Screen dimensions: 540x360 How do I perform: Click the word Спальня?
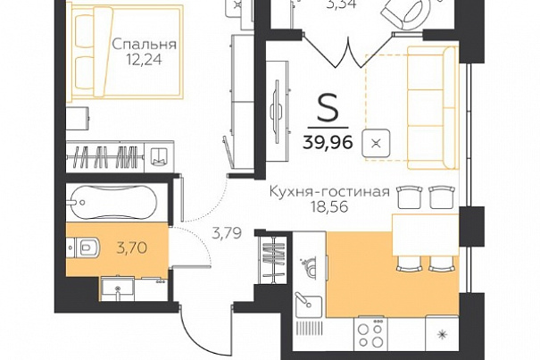(145, 45)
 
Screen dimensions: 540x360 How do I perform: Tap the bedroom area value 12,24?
(144, 60)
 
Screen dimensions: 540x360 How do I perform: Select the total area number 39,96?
(328, 142)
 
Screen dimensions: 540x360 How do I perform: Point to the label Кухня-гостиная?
(329, 191)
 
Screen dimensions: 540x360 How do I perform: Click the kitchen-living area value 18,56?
(329, 207)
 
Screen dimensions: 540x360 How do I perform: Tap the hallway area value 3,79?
(227, 234)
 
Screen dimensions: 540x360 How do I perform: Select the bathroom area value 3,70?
(132, 247)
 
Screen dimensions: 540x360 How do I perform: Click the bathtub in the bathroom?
(112, 201)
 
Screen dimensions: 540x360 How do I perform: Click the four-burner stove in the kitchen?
(370, 333)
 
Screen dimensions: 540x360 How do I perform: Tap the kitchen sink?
(309, 306)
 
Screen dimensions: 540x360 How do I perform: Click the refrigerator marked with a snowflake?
(442, 333)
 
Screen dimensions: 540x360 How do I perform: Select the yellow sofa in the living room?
(432, 108)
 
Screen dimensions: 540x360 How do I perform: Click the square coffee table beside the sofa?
(376, 143)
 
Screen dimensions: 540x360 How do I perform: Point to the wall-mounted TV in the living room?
(277, 112)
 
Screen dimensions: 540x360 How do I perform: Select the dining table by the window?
(426, 235)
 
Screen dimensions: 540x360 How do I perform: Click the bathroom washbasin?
(117, 289)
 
